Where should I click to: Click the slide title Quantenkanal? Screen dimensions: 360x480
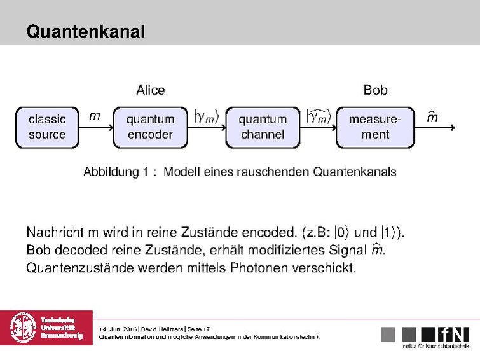point(85,31)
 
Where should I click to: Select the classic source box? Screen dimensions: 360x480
point(47,127)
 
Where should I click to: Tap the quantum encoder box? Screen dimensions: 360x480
point(150,127)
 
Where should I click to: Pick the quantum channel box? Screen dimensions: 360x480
point(263,127)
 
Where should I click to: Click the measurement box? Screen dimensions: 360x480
point(375,127)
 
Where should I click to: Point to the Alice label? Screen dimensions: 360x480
point(151,90)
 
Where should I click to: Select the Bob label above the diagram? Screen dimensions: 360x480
point(375,90)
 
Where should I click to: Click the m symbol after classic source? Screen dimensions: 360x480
point(94,116)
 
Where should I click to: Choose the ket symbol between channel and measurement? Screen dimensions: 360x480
point(319,116)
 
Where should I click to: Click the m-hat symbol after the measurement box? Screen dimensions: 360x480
point(432,117)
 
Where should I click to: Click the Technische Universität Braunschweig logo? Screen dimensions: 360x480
point(46,328)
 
